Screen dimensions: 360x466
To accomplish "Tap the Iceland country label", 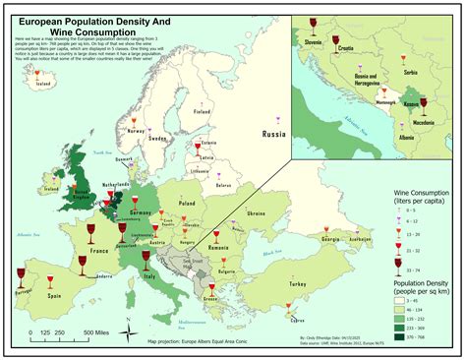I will point(42,84).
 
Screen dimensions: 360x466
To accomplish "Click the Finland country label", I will point(201,111).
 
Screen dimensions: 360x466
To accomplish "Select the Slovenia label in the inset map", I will point(315,43).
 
